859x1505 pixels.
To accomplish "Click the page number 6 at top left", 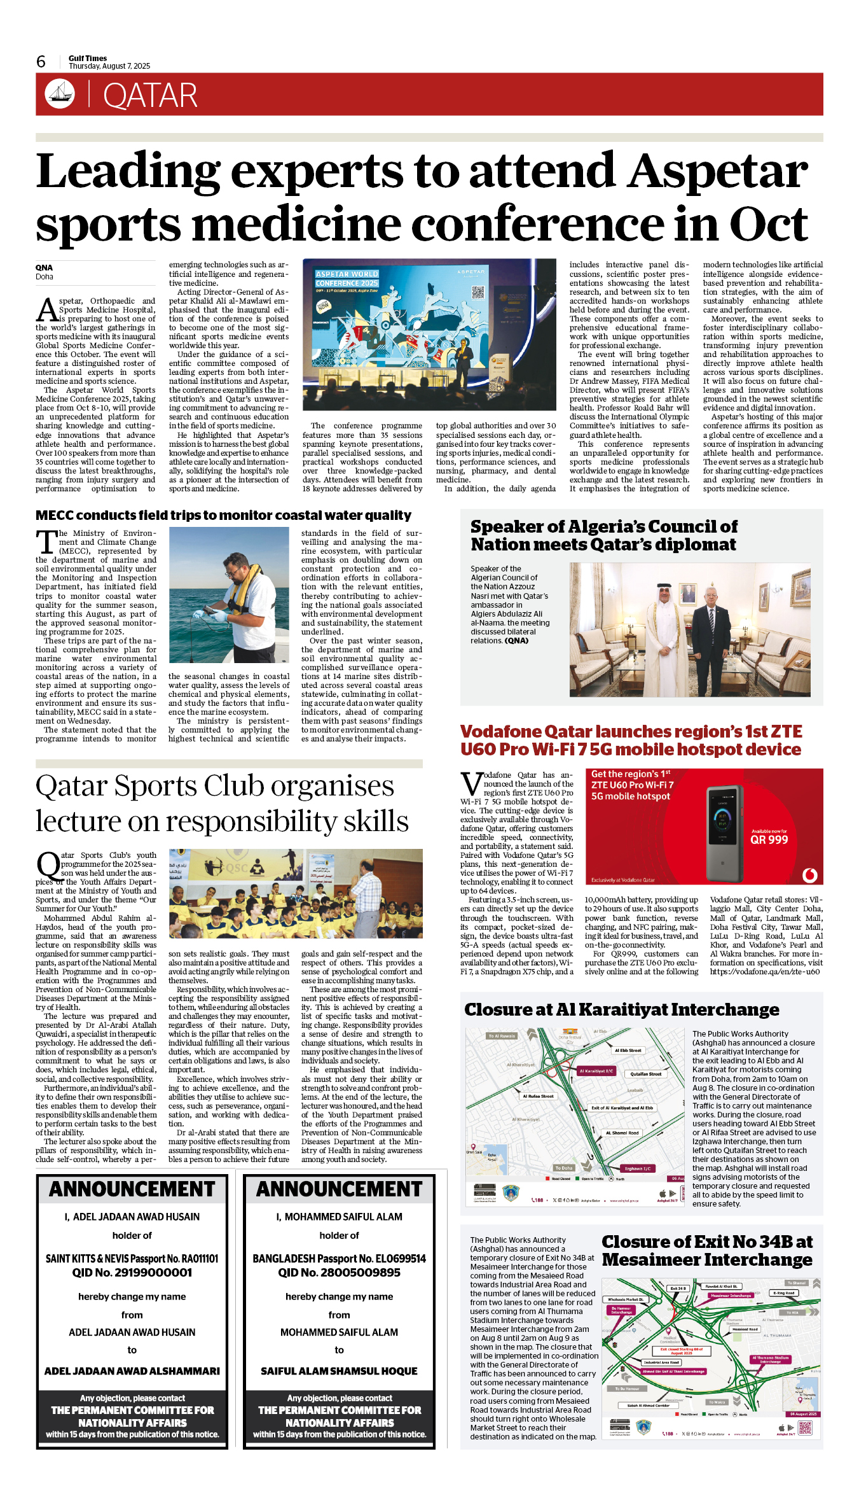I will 41,62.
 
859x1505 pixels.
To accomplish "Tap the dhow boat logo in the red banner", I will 60,94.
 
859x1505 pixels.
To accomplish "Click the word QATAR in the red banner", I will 150,95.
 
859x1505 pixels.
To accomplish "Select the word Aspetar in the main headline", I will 718,171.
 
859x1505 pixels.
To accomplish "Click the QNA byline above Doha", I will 44,267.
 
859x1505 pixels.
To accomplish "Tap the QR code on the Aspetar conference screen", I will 478,292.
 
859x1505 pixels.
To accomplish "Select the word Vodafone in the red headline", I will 500,732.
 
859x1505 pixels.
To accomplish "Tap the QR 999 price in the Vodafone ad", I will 769,839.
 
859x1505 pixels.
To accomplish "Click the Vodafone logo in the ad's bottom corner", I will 809,875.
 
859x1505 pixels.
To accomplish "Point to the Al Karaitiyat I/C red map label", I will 596,1070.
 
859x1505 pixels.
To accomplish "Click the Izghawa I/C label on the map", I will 637,1168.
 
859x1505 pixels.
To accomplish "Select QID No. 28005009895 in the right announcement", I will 339,1272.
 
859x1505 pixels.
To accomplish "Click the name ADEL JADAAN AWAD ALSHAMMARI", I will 132,1371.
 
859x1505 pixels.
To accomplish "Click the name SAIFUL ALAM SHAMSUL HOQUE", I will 339,1371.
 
